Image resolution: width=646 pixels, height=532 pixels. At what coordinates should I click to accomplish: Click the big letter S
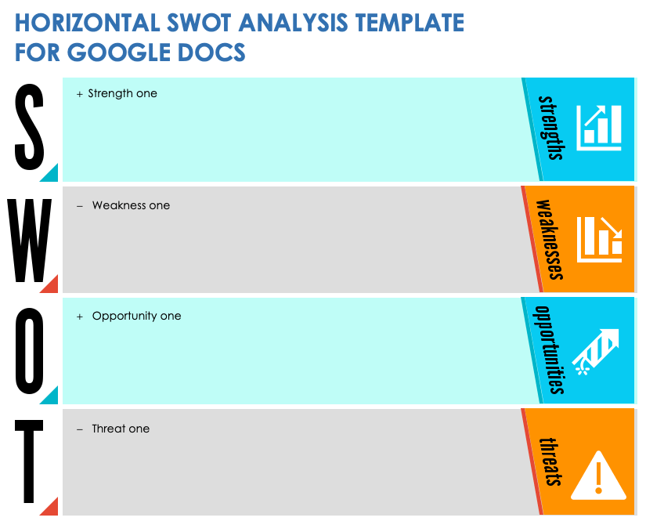click(29, 127)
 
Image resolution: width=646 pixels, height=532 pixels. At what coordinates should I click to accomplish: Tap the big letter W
click(29, 241)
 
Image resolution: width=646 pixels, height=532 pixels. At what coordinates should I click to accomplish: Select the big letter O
click(29, 351)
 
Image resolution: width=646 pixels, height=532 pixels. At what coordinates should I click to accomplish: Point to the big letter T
click(29, 461)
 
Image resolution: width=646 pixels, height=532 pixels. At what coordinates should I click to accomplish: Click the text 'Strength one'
click(122, 93)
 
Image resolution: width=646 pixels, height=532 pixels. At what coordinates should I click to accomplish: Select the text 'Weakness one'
click(131, 205)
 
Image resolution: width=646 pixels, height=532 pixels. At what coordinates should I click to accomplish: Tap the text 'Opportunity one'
click(136, 316)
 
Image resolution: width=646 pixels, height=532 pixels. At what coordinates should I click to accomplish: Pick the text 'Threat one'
click(121, 429)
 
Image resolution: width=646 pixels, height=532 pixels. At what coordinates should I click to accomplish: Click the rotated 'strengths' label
click(551, 128)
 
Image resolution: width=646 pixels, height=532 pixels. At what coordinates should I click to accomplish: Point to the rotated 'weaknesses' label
click(550, 240)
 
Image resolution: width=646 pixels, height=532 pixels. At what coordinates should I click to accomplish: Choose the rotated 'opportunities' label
click(549, 350)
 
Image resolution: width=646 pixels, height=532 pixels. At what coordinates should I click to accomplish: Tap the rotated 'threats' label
click(550, 462)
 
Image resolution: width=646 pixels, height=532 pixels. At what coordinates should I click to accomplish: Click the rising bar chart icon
click(598, 128)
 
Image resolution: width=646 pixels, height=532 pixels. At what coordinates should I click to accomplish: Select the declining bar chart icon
click(600, 239)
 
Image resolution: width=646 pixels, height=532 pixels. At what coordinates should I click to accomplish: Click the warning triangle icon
click(598, 476)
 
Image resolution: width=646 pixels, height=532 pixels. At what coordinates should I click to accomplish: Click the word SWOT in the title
click(198, 23)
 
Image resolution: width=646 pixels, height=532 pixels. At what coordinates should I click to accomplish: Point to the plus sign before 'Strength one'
click(80, 94)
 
